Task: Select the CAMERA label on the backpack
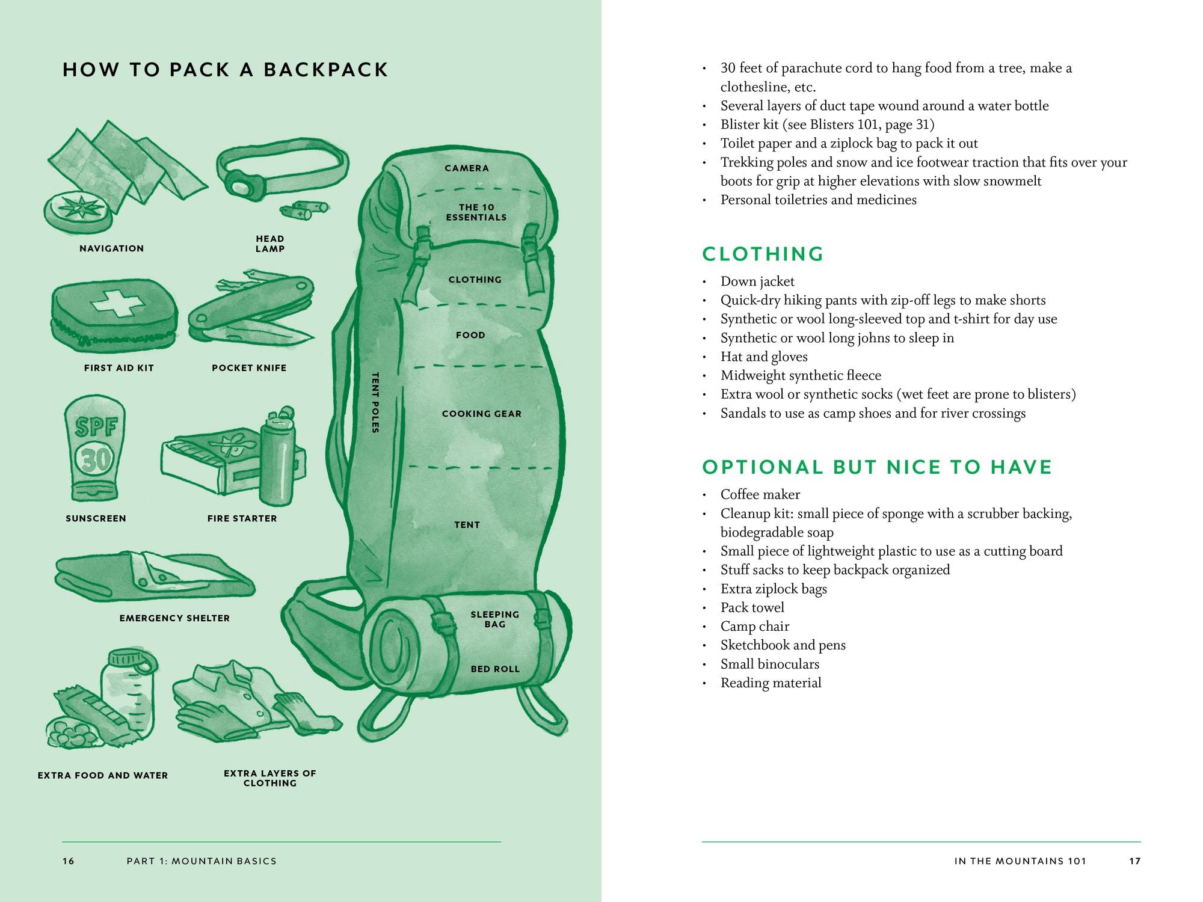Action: point(467,168)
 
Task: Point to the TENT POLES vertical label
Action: point(375,402)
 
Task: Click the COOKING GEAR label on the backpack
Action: point(482,414)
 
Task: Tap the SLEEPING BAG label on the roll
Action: point(494,619)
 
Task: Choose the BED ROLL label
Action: point(495,669)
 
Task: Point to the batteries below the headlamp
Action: point(304,210)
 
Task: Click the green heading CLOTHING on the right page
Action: point(763,254)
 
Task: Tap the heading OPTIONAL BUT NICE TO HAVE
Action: point(877,467)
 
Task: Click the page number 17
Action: point(1134,861)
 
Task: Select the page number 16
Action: point(69,861)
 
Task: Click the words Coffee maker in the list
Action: point(760,494)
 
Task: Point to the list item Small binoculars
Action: point(770,664)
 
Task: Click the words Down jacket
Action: point(757,281)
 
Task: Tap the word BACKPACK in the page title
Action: point(326,70)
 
